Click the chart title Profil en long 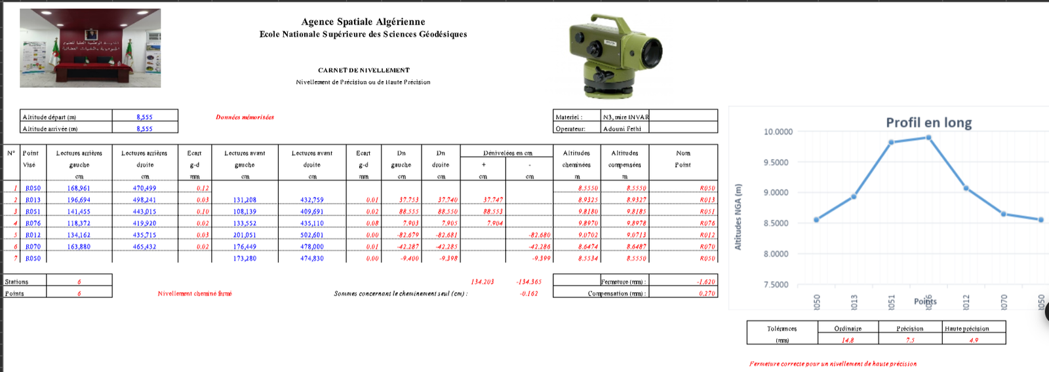tap(928, 122)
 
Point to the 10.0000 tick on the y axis tap(778, 132)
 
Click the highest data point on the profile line tap(928, 138)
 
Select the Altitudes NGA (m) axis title tap(738, 217)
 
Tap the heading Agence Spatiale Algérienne tap(363, 22)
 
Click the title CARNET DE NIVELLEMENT tap(363, 70)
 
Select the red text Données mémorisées tap(245, 117)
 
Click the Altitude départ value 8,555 tap(144, 117)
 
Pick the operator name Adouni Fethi tap(623, 129)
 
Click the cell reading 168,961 tap(79, 189)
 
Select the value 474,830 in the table tap(312, 259)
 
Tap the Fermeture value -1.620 tap(705, 282)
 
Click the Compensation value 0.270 tap(707, 293)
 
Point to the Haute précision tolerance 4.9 tap(974, 341)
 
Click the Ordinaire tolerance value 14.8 tap(848, 341)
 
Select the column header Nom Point tap(683, 158)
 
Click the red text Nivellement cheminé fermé tap(195, 293)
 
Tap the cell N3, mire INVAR tap(625, 117)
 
